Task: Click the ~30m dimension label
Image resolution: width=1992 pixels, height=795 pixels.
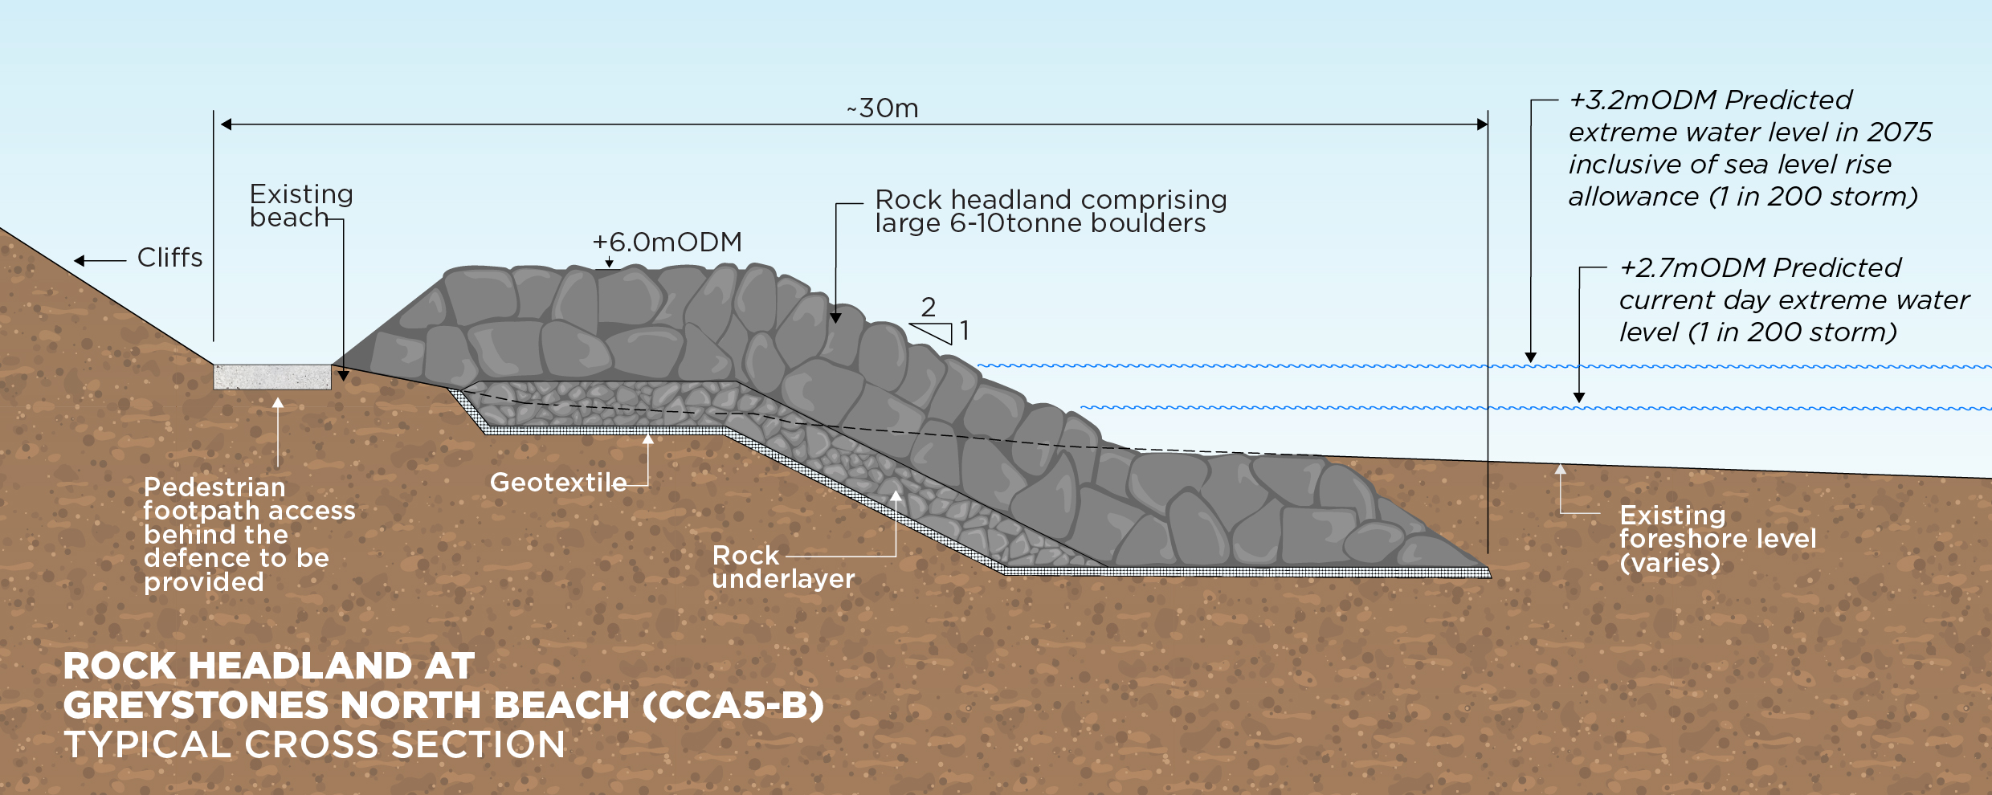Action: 883,108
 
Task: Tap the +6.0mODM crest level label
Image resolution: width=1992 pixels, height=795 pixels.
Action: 667,242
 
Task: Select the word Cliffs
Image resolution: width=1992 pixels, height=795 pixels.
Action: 169,258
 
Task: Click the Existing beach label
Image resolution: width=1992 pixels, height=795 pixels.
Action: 300,206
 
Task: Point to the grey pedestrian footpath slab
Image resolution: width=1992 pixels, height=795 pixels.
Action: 271,377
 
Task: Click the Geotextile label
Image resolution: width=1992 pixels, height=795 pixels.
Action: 558,482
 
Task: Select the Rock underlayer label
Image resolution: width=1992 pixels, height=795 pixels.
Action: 783,567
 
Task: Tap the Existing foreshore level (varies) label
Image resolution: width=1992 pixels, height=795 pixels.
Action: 1717,538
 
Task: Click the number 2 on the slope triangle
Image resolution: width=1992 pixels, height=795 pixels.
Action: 929,307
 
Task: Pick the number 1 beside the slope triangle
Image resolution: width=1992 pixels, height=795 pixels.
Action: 965,330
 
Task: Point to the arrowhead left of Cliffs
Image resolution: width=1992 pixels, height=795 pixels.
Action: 80,260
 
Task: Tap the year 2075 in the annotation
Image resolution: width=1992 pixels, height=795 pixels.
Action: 1900,132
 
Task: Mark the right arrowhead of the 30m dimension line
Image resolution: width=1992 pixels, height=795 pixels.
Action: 1482,124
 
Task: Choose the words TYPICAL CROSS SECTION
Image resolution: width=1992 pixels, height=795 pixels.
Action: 314,744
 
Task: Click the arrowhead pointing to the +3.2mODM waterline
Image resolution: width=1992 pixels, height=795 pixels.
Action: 1531,357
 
